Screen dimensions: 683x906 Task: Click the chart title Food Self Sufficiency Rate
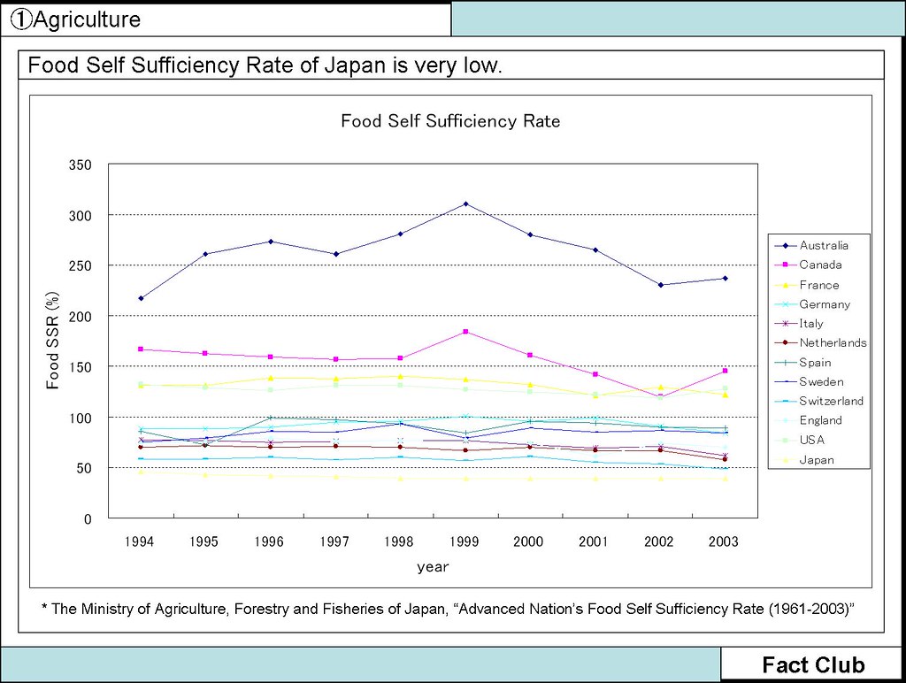point(450,121)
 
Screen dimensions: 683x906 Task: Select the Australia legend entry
point(824,245)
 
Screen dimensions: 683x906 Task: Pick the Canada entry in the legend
point(820,265)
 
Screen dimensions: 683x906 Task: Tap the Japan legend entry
point(817,460)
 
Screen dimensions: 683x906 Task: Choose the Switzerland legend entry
point(831,401)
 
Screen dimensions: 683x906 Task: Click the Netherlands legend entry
point(833,342)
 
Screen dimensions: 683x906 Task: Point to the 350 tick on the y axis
point(81,165)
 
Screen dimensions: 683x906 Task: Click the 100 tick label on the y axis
point(81,418)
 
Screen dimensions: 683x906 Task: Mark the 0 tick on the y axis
point(88,519)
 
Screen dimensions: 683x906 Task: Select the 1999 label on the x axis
point(465,541)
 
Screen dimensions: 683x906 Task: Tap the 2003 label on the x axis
point(725,541)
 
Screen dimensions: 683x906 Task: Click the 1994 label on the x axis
point(140,541)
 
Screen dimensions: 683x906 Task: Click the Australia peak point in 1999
point(465,204)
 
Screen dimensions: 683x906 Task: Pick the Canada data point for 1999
point(465,332)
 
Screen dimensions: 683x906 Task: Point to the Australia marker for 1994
point(141,298)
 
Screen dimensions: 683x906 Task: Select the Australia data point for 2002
point(660,285)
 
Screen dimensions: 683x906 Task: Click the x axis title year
point(433,567)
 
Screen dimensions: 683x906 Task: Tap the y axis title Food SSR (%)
point(53,341)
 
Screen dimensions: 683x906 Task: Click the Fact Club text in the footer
point(813,665)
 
